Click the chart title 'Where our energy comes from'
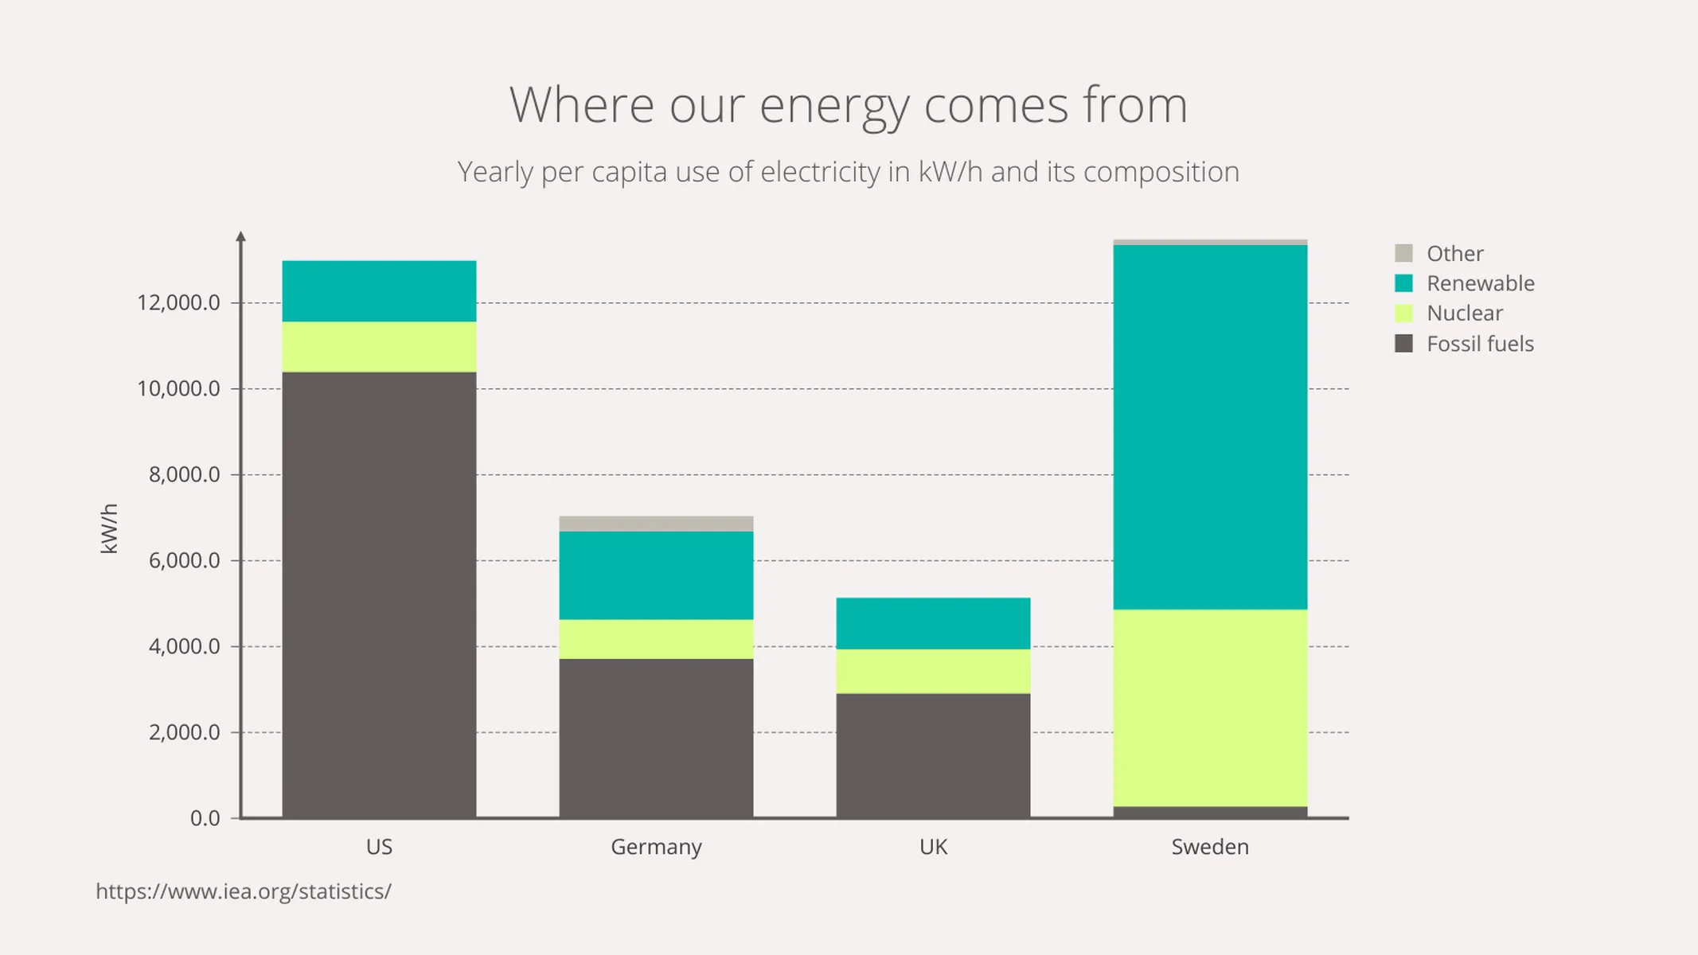pos(849,105)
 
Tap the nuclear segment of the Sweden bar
pos(1209,707)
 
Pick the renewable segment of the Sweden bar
pos(1209,427)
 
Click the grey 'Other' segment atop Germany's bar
pos(656,524)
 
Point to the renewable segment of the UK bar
pos(932,623)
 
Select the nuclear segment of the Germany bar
pos(656,638)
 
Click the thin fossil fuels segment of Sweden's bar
pos(1209,812)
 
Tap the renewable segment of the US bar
pos(379,291)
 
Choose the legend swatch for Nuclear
pos(1403,314)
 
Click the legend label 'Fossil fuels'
pos(1479,344)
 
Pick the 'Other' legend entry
pos(1454,254)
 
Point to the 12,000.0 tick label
pos(178,302)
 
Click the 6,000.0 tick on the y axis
pos(184,560)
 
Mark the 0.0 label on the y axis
pos(205,818)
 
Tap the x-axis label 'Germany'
pos(656,847)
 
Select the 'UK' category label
pos(932,847)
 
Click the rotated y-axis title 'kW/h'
pos(109,528)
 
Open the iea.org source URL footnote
pos(243,891)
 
